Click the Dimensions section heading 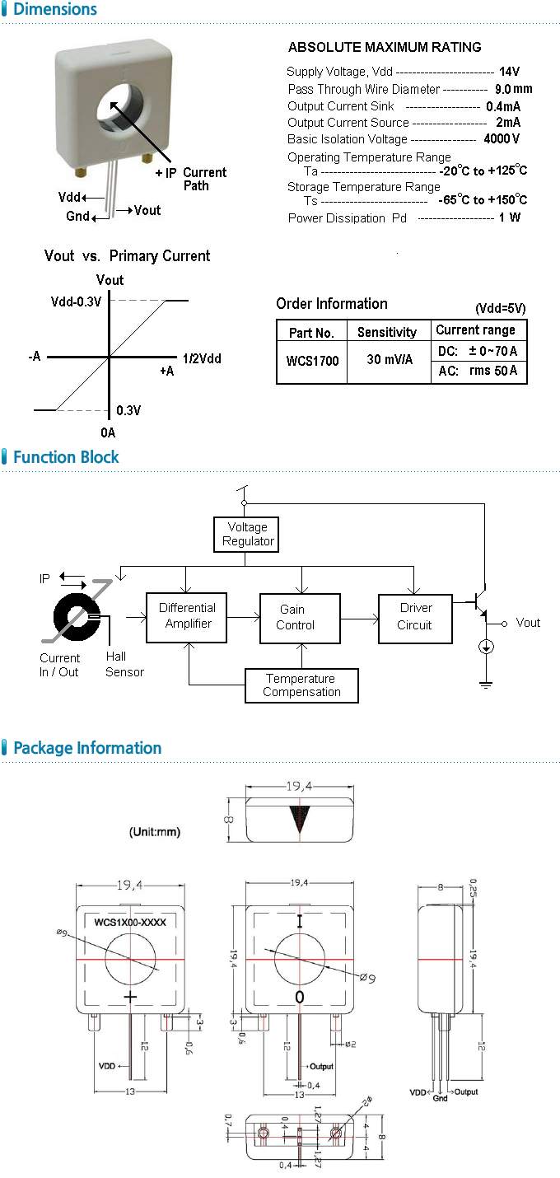(x=55, y=10)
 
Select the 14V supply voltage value (x=509, y=72)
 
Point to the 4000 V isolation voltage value (x=502, y=139)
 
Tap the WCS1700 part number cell (x=312, y=361)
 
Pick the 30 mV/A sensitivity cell (x=390, y=361)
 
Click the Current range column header (x=475, y=330)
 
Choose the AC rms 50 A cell (x=478, y=372)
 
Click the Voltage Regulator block (x=248, y=535)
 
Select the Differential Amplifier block (x=188, y=615)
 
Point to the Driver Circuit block (x=415, y=616)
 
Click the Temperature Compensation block (x=301, y=685)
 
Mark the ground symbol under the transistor (x=486, y=682)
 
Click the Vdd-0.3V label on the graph (x=76, y=302)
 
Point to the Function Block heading (x=66, y=457)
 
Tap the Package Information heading (x=87, y=748)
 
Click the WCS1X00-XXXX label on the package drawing (x=130, y=922)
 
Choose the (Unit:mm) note (x=155, y=832)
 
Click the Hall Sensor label (x=124, y=664)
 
